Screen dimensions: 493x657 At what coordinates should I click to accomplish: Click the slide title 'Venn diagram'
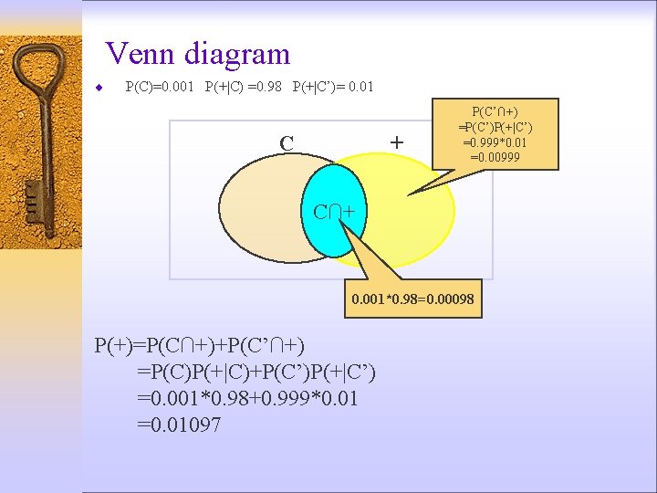198,55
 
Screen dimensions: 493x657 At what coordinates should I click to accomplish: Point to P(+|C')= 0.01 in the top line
332,88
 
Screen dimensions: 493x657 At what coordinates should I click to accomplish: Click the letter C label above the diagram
287,143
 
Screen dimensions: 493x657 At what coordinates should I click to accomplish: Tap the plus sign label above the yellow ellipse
396,142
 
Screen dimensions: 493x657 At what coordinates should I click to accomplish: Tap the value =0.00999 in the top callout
495,157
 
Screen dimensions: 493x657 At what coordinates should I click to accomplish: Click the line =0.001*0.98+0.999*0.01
247,398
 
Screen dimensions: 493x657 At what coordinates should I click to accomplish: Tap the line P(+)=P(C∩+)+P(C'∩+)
201,345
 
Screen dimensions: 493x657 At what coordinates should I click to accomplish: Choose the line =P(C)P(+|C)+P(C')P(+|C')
255,372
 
